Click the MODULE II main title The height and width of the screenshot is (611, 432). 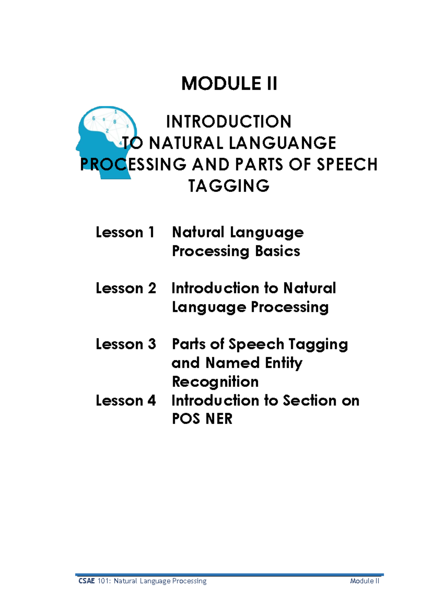229,84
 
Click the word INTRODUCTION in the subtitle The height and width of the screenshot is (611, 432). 229,122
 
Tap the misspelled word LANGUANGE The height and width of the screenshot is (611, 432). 282,143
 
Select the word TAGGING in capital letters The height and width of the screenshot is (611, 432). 229,186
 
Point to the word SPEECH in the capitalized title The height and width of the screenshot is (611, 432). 347,165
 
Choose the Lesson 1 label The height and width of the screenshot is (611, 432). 125,232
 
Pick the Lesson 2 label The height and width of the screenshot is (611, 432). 126,288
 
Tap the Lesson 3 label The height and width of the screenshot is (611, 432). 126,344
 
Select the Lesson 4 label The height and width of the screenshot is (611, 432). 126,400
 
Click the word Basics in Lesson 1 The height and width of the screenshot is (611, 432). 277,251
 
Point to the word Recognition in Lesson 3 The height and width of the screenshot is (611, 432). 215,382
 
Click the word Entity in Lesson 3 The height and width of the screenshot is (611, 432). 284,363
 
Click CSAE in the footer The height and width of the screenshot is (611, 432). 86,581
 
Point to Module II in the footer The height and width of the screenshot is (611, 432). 364,581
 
